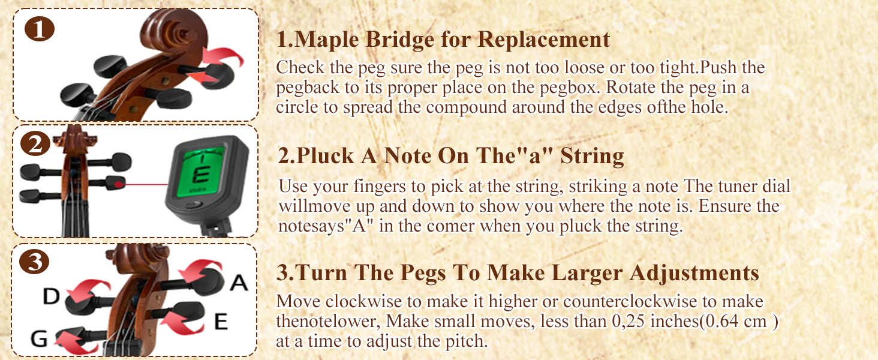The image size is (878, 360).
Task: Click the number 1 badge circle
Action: [x=39, y=29]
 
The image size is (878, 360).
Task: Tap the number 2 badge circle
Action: [x=35, y=144]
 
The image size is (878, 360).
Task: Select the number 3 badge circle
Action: [x=34, y=262]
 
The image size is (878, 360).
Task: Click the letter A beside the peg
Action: [x=239, y=283]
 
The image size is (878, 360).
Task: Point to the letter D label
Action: [x=51, y=296]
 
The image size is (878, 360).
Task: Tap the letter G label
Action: [x=39, y=338]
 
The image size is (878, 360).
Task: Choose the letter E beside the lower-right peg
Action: [x=221, y=322]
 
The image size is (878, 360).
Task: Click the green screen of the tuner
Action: [x=199, y=173]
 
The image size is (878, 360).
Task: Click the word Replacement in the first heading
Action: [x=544, y=40]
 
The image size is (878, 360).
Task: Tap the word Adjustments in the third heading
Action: [x=694, y=273]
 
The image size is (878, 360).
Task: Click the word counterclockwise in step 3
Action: [x=630, y=302]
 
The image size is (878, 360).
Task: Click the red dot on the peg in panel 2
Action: [x=118, y=184]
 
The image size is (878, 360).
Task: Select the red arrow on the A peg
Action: [x=199, y=270]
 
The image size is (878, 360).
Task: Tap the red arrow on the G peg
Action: [x=76, y=344]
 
